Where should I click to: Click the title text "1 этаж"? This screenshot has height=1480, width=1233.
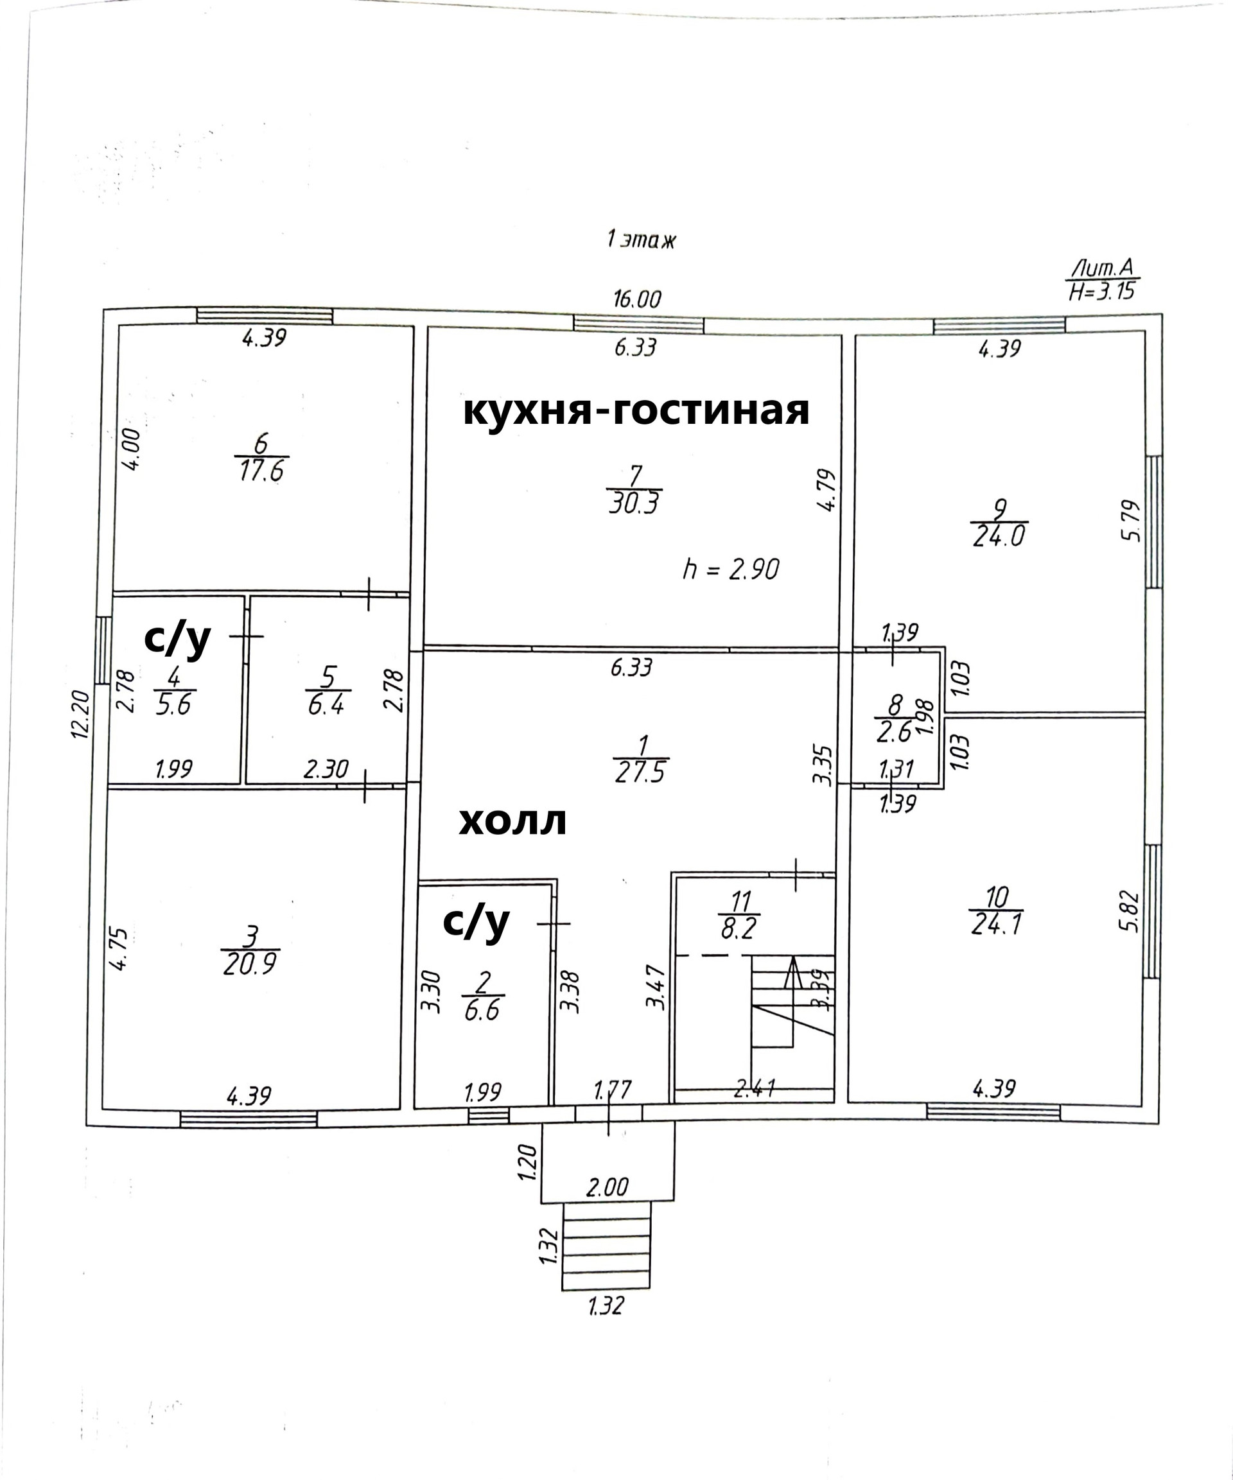pos(640,240)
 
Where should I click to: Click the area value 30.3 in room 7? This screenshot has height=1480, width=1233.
pos(634,504)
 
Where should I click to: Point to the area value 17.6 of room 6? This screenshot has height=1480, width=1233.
pos(261,471)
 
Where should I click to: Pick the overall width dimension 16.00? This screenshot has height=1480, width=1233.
pos(636,299)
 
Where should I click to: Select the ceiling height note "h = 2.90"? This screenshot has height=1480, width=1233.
pos(730,569)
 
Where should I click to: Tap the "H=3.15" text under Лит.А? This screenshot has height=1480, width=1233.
pos(1101,290)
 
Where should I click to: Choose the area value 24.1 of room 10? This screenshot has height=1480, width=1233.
pos(996,924)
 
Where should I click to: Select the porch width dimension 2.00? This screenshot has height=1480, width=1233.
pos(607,1187)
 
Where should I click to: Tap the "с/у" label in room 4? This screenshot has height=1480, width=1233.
pos(177,638)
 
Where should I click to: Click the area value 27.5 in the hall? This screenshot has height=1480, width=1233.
pos(641,771)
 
